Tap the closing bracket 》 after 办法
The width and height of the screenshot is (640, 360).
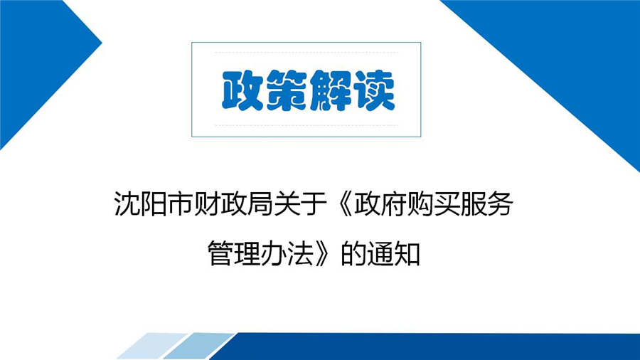(321, 253)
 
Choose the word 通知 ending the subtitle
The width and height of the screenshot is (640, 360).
(393, 253)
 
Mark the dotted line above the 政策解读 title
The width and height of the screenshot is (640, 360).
(306, 53)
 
